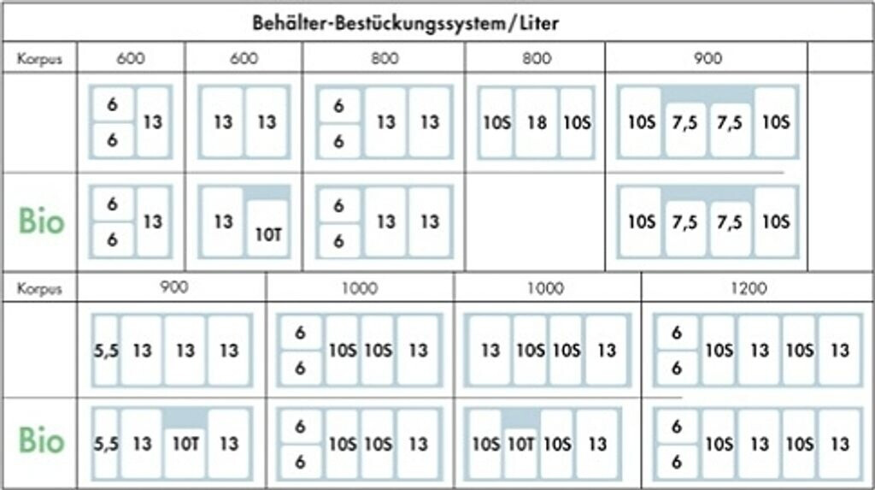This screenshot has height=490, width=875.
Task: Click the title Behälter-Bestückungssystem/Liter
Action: tap(405, 22)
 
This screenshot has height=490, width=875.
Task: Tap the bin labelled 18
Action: tap(536, 122)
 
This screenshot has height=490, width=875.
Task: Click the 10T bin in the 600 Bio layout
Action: tap(266, 229)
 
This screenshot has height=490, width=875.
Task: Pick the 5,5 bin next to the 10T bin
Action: tap(106, 443)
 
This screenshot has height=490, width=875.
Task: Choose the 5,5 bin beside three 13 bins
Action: tap(106, 350)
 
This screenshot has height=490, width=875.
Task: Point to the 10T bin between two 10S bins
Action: tap(521, 444)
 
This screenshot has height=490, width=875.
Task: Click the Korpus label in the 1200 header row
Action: tap(39, 288)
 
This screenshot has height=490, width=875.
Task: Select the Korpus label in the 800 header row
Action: tap(39, 59)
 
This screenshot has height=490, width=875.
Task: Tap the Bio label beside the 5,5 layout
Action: tap(41, 441)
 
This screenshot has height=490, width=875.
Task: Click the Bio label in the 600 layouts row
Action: tap(41, 221)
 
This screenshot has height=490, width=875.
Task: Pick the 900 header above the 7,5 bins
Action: tap(708, 59)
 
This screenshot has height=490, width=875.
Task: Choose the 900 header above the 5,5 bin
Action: tap(173, 288)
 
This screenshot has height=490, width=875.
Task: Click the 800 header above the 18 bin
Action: tap(536, 59)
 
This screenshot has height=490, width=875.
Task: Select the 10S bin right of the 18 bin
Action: tap(577, 122)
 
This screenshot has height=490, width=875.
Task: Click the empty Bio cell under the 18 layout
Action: tap(536, 221)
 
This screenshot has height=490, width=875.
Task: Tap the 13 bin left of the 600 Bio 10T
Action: tap(222, 221)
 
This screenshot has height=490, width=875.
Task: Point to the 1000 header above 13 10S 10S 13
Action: tap(546, 288)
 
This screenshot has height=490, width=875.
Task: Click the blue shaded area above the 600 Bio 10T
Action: tap(266, 193)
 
